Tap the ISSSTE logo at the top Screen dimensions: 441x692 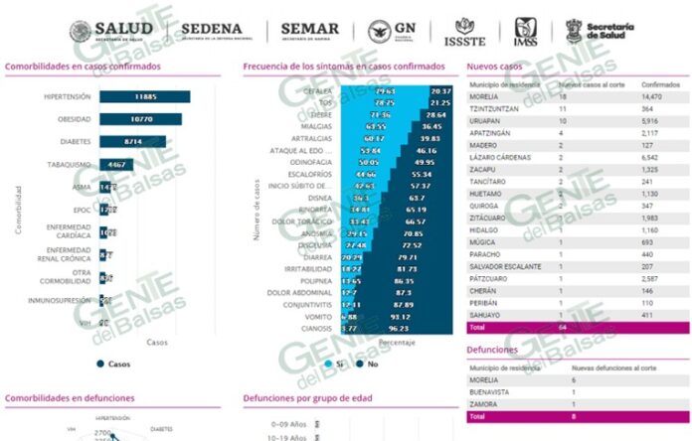click(464, 32)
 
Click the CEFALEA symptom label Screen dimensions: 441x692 click(319, 90)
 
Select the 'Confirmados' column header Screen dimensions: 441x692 click(652, 86)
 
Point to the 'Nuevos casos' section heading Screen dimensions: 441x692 click(494, 67)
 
